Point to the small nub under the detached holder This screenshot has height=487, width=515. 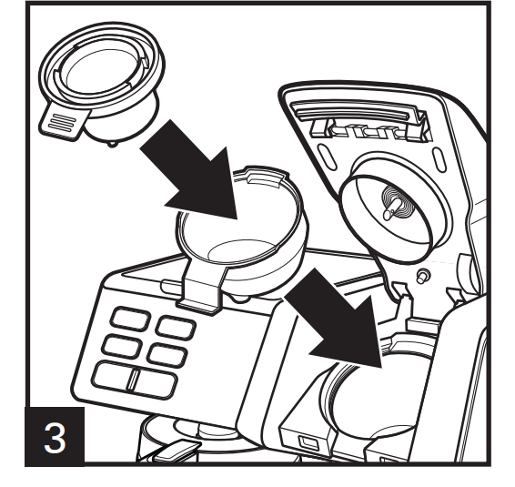click(112, 143)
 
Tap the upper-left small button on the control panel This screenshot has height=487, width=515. click(131, 318)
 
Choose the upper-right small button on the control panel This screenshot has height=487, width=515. click(176, 327)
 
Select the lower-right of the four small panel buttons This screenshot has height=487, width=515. click(167, 355)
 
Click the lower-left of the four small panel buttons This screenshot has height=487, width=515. click(122, 346)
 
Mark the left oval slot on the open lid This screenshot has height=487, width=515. click(327, 158)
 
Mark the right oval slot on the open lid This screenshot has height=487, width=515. click(439, 159)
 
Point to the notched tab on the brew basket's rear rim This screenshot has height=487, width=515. click(265, 175)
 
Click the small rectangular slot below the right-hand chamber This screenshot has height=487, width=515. click(308, 442)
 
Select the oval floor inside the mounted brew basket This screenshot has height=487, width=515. click(241, 250)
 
